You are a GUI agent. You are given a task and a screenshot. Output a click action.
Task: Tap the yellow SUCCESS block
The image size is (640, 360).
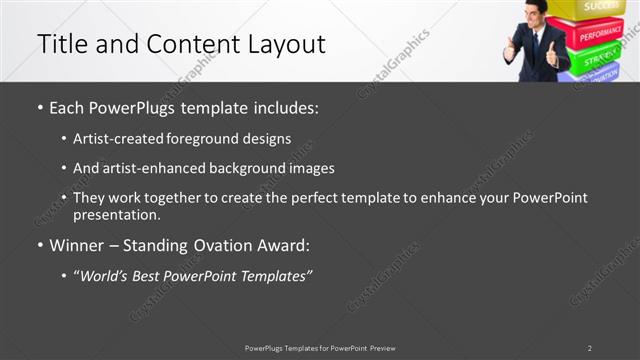click(600, 8)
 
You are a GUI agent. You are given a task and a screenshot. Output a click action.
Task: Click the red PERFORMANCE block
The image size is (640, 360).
click(600, 33)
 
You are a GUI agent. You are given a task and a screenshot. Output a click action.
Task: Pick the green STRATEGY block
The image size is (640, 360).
click(600, 58)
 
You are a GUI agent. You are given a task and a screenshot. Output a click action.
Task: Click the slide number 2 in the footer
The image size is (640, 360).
click(589, 348)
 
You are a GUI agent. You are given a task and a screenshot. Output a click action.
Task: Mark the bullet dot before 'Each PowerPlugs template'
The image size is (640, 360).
click(39, 107)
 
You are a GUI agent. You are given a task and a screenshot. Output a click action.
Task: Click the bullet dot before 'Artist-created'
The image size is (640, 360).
click(65, 139)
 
